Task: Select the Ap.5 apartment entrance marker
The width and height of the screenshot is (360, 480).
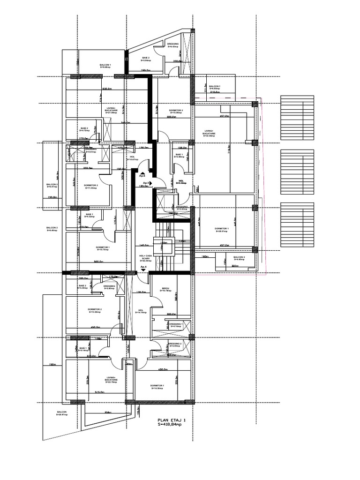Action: tap(146, 183)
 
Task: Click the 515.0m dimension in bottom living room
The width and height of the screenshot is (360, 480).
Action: tap(99, 392)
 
